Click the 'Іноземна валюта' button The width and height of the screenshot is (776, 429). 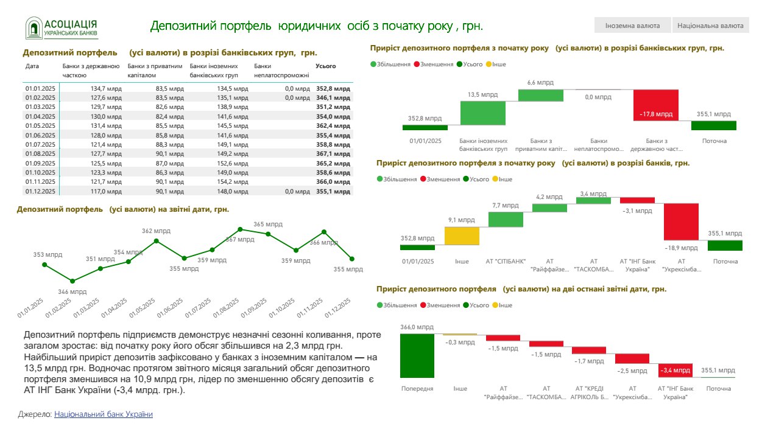pyautogui.click(x=632, y=26)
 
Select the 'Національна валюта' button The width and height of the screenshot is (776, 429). pyautogui.click(x=710, y=26)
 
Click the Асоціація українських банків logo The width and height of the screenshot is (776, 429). pyautogui.click(x=62, y=27)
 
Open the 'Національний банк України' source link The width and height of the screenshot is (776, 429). pyautogui.click(x=104, y=414)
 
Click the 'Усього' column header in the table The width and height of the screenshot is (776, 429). pyautogui.click(x=326, y=66)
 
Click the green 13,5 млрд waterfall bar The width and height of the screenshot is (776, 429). pyautogui.click(x=482, y=113)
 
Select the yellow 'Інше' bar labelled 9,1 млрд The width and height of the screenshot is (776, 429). pyautogui.click(x=462, y=235)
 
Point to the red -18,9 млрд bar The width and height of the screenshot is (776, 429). pyautogui.click(x=681, y=221)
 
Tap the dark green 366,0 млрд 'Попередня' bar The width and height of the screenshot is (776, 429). pyautogui.click(x=417, y=355)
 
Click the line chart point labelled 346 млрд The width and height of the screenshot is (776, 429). pyautogui.click(x=72, y=281)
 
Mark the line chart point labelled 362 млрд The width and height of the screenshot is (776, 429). pyautogui.click(x=157, y=241)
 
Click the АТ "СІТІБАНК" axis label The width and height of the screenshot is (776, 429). pyautogui.click(x=505, y=262)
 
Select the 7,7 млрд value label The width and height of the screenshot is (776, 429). pyautogui.click(x=504, y=206)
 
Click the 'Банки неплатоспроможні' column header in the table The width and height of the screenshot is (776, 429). pyautogui.click(x=281, y=71)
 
